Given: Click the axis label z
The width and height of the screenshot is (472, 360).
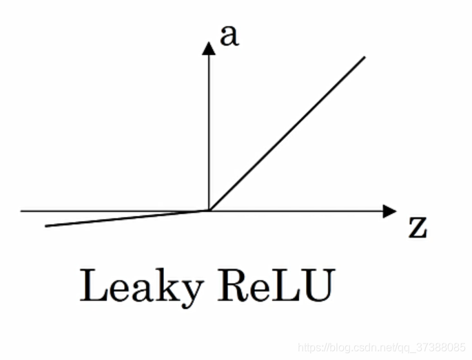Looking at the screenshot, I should point(417,228).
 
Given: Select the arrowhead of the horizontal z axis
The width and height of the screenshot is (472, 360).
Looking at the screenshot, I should point(391,211).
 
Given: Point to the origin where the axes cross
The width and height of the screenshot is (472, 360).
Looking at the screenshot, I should point(209,211).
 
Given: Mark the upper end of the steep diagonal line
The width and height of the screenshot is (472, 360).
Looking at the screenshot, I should point(364,57).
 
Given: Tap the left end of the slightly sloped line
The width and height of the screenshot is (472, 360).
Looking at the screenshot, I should point(46,225).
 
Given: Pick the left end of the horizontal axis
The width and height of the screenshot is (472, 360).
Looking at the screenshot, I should point(22,211).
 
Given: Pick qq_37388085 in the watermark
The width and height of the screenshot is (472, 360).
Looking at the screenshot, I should point(434,347).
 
